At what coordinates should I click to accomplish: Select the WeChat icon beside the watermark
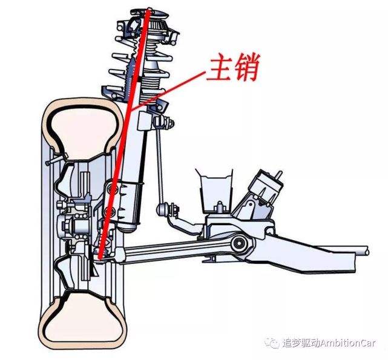[272, 343]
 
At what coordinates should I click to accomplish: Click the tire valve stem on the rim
[56, 159]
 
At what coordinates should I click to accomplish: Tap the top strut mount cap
[150, 13]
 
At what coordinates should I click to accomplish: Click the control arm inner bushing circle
[238, 243]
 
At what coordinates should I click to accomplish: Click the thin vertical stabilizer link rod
[160, 163]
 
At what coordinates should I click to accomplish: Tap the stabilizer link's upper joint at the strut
[163, 122]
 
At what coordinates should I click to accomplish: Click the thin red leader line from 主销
[169, 90]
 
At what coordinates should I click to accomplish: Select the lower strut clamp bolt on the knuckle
[109, 212]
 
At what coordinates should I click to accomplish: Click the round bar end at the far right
[366, 251]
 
